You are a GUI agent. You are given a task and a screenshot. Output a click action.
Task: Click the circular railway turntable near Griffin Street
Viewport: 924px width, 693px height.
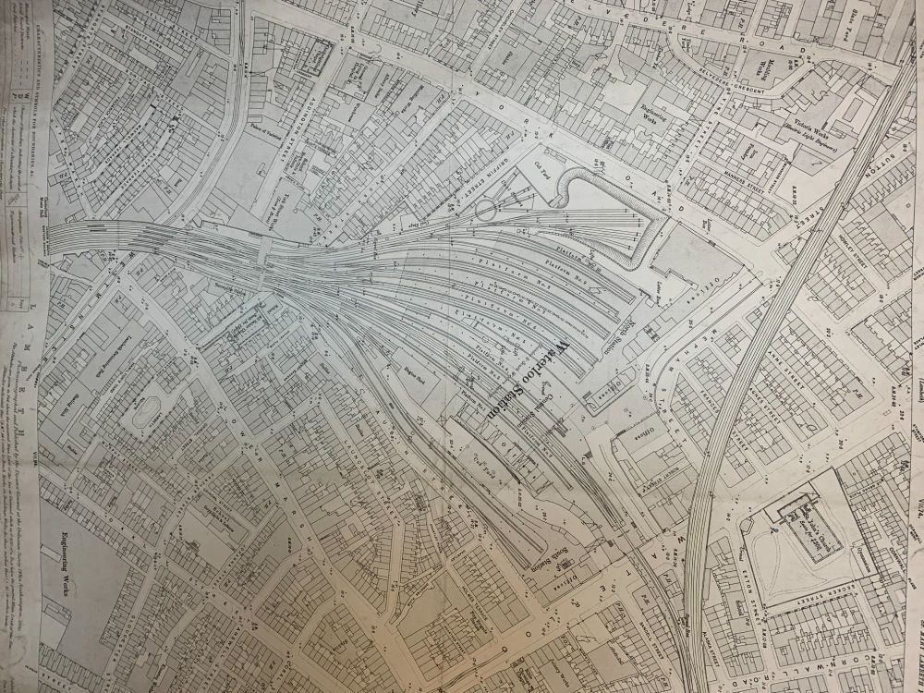[x=484, y=212]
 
